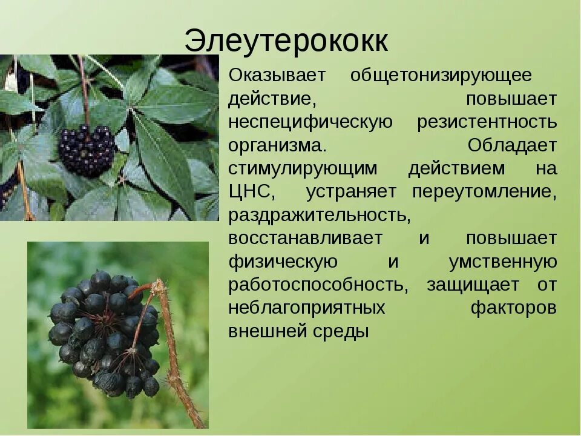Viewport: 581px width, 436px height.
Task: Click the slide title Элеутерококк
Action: (286, 41)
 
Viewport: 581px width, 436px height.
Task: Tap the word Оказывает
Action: (277, 76)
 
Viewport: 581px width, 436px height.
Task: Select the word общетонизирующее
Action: (441, 76)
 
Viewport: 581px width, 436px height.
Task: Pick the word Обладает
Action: (512, 146)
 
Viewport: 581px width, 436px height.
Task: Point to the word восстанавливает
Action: (305, 238)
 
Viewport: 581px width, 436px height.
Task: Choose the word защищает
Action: (473, 285)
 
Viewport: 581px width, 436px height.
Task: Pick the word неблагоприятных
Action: (307, 308)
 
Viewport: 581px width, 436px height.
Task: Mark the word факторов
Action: (514, 308)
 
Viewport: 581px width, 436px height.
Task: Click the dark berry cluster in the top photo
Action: (87, 150)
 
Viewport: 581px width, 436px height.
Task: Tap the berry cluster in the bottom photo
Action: (103, 333)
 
